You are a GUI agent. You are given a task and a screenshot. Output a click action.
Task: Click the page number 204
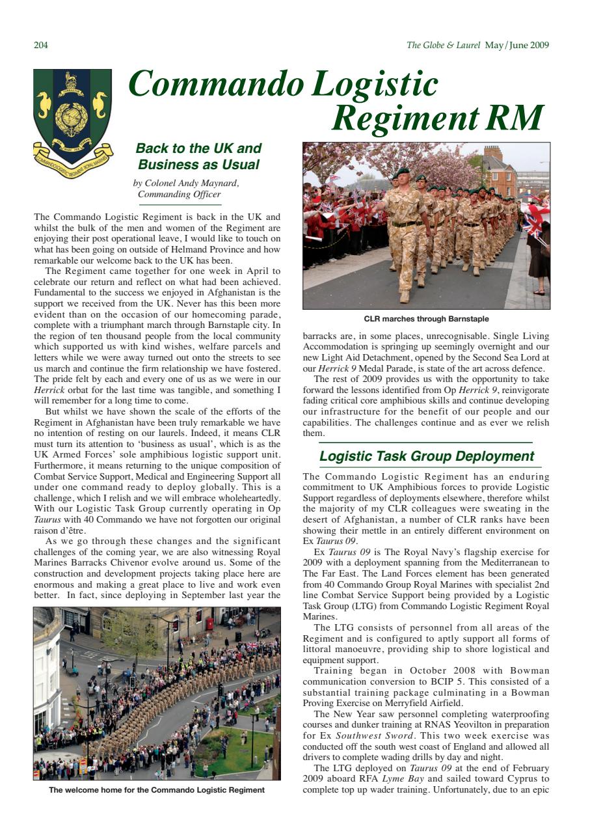point(40,46)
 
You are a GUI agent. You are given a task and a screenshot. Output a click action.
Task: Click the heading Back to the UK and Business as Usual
point(198,157)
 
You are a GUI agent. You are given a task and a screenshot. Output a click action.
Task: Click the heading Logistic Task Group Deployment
point(426,456)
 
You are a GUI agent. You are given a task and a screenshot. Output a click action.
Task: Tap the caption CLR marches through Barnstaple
point(426,319)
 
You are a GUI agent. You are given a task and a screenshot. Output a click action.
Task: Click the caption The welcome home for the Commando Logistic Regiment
point(157,790)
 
